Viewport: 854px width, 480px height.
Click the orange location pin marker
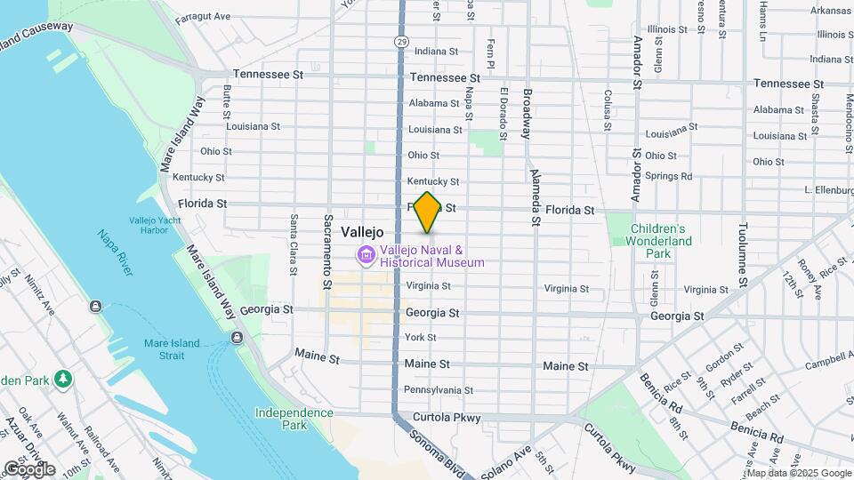[x=427, y=212]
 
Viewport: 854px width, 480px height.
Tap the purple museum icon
[x=365, y=256]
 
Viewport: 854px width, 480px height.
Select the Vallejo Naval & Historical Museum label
[x=432, y=256]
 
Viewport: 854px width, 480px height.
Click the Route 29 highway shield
[x=402, y=42]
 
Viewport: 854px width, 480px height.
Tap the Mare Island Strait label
[x=165, y=348]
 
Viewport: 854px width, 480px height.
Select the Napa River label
[x=117, y=252]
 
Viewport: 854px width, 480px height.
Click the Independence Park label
[x=294, y=419]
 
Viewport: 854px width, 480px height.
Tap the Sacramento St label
[x=328, y=244]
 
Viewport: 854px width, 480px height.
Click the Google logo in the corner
[x=28, y=468]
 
